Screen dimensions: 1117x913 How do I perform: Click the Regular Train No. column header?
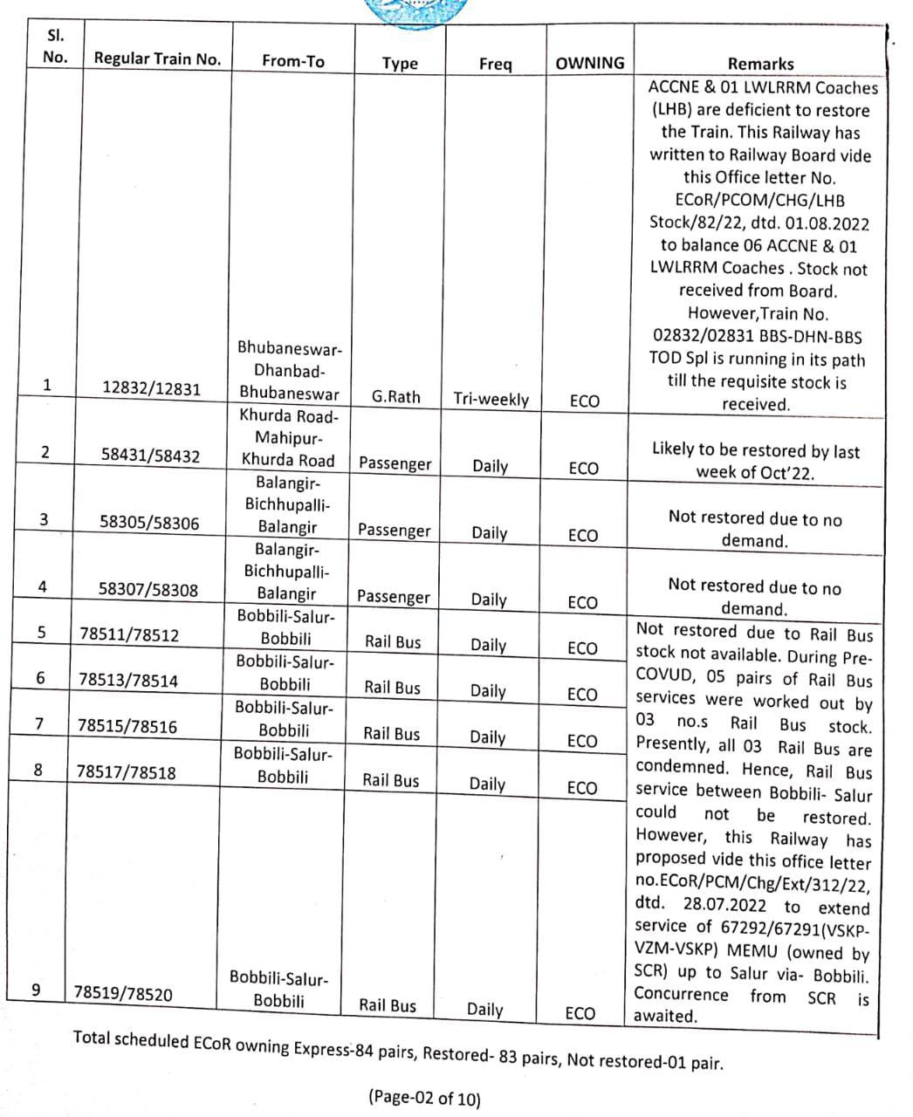tap(157, 59)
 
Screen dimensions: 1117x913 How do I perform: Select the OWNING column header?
tap(590, 63)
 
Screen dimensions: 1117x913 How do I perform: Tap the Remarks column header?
tap(760, 64)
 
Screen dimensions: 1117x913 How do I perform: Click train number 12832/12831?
tap(152, 389)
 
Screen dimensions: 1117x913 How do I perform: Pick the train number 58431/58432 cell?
tap(150, 456)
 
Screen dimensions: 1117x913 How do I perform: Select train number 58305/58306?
tap(149, 523)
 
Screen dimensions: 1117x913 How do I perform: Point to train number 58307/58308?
tap(148, 590)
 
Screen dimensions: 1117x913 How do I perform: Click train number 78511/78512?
tap(129, 635)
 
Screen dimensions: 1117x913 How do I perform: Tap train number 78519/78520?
tap(123, 993)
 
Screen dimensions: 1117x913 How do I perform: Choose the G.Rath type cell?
tap(395, 396)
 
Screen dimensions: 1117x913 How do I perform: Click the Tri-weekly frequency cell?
tap(491, 399)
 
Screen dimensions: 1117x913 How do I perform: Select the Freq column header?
tap(495, 64)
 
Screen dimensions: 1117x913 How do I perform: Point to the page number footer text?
tap(424, 1097)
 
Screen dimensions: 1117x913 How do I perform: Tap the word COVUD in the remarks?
tap(665, 677)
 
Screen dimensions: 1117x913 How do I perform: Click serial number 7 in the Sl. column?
tap(39, 723)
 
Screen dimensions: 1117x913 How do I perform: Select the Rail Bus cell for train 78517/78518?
tap(391, 780)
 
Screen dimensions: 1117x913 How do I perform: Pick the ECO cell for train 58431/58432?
tap(583, 469)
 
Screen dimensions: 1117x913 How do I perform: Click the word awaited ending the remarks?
tap(665, 1016)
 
